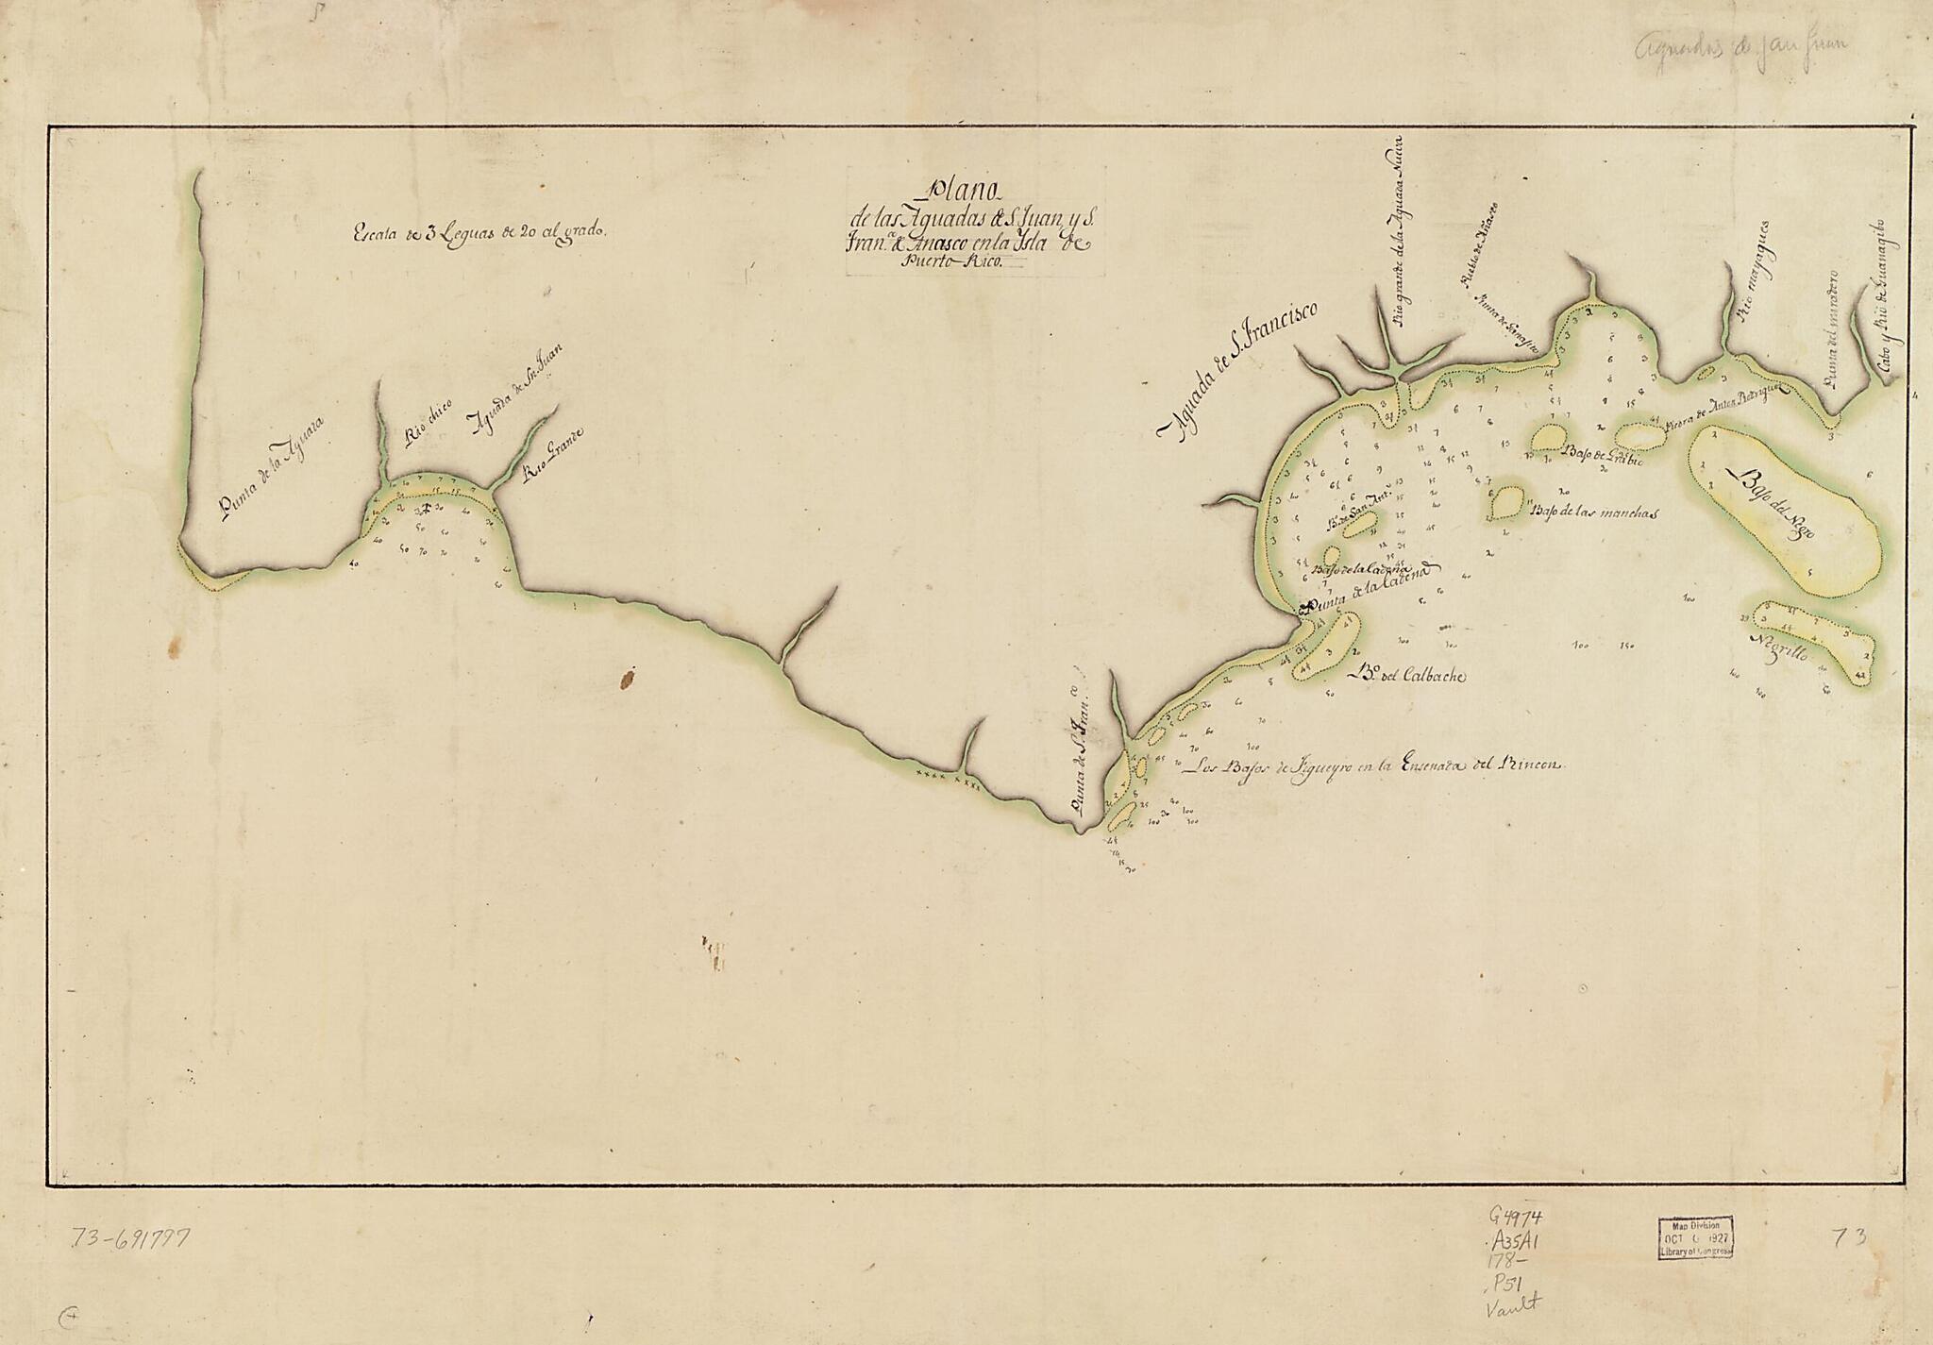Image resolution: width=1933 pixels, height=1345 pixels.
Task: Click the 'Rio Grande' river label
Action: tap(554, 456)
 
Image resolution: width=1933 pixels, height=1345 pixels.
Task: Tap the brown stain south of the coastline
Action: tap(627, 677)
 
